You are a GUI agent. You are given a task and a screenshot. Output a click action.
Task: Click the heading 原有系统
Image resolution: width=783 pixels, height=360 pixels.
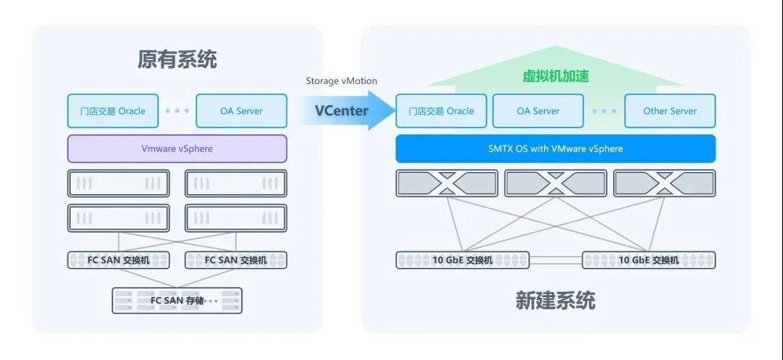(177, 60)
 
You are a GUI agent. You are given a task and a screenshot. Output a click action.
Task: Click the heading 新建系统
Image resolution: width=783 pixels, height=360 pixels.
(555, 300)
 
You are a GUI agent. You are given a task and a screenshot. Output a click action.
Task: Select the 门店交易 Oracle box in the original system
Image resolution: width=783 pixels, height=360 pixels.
(112, 111)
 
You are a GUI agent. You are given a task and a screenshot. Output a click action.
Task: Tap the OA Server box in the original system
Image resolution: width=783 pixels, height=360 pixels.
(241, 111)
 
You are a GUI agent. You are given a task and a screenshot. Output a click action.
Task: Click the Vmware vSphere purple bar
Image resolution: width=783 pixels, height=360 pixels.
(177, 149)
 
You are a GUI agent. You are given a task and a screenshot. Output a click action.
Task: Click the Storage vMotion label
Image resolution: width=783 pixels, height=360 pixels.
(341, 81)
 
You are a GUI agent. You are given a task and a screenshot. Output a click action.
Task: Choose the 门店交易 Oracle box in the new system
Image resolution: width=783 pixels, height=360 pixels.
(441, 111)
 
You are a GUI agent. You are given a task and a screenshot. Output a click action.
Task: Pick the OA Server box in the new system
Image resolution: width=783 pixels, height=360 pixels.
(538, 111)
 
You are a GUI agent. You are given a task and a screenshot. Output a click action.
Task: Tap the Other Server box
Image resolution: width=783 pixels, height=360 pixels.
(670, 111)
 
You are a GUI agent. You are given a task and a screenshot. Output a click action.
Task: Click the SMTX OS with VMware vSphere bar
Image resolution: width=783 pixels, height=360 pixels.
(555, 149)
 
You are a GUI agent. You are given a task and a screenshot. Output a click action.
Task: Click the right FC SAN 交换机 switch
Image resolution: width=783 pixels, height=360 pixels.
(236, 260)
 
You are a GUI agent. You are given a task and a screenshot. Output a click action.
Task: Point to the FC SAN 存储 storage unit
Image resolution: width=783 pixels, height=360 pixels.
(177, 300)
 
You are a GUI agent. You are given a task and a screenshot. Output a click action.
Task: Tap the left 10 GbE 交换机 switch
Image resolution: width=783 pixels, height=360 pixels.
(462, 260)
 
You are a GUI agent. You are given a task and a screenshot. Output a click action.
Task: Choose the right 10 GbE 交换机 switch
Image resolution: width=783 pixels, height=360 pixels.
(649, 260)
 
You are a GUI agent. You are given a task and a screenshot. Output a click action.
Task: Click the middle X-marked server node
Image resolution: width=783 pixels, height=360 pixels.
(555, 183)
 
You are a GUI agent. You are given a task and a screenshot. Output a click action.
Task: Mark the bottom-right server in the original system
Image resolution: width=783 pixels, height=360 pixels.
(236, 218)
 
